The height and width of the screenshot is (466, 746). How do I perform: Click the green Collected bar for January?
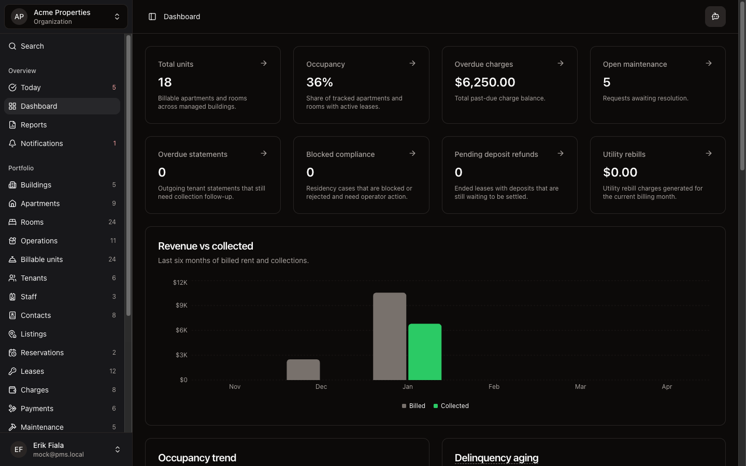pos(425,352)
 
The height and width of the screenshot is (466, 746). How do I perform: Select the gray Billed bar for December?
pos(303,370)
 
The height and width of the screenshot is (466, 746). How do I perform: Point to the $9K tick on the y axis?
pos(181,305)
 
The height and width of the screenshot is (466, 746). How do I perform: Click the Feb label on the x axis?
pos(494,387)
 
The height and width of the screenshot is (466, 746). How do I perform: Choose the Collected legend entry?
pos(451,406)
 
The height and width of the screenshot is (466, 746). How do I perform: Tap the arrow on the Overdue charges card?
pos(560,63)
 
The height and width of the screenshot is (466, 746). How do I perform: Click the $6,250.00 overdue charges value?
pos(485,82)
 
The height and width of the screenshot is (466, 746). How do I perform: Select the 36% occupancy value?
pos(320,82)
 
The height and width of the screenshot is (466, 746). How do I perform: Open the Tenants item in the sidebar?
pos(34,278)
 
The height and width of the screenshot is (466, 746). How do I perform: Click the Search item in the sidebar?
pos(32,46)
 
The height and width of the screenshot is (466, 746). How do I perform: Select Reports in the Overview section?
pos(34,125)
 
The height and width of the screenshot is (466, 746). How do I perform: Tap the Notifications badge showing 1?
pos(114,143)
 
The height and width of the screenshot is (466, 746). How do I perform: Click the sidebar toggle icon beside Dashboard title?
pos(152,17)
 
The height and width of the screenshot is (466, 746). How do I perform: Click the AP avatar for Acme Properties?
pos(19,17)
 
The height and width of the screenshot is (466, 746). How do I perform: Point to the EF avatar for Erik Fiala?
pos(19,449)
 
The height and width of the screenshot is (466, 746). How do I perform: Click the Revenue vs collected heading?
pos(206,246)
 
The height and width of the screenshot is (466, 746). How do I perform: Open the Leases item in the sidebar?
pos(32,371)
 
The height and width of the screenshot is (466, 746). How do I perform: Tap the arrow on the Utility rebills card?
pos(708,153)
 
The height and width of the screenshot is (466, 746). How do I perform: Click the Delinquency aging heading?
pos(496,458)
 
